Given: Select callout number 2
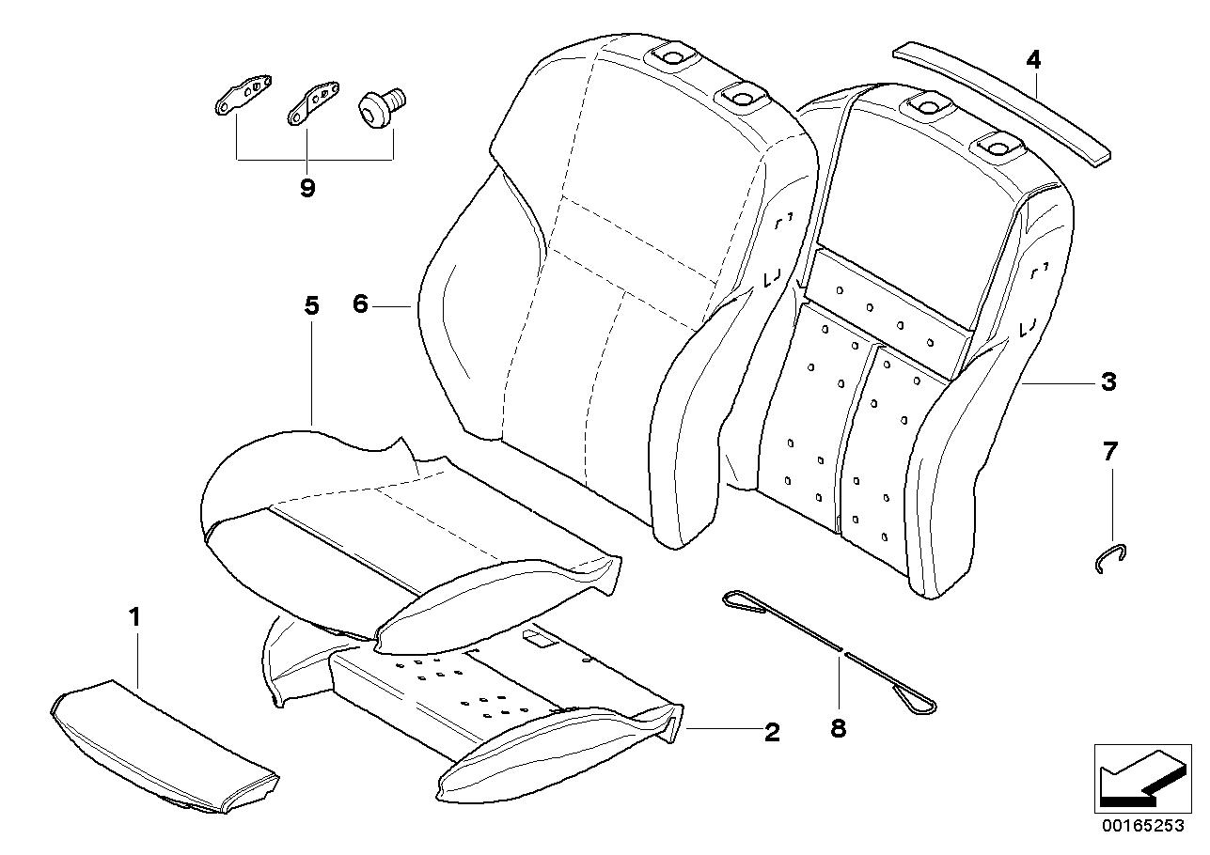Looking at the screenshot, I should pos(772,732).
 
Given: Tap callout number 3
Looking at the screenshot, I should pos(1109,381).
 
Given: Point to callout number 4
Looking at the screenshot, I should pos(1033,61).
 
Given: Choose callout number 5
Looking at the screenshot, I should pos(312,305).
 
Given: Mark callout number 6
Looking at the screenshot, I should pos(361,304).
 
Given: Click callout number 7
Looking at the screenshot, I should pos(1110,452).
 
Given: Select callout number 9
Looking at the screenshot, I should pos(307,187).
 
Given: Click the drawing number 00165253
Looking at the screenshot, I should pos(1141,827).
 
